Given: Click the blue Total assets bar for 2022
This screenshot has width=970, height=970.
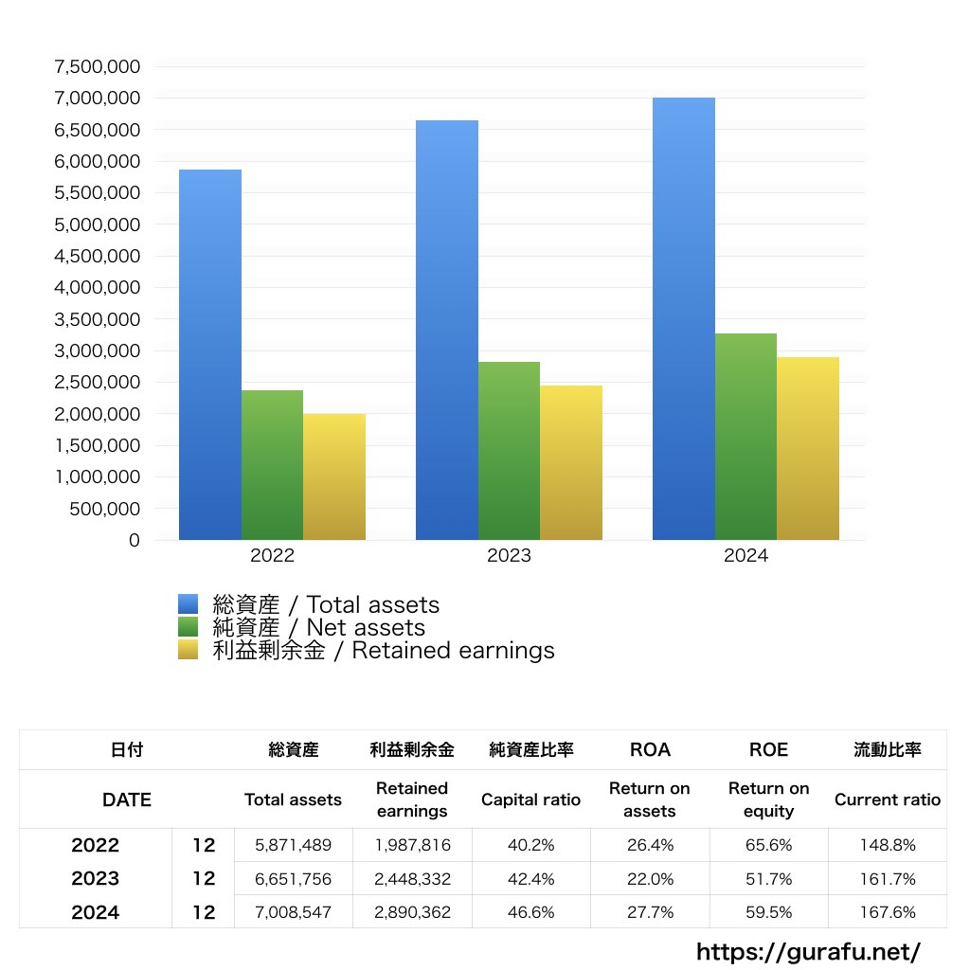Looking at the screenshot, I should (210, 355).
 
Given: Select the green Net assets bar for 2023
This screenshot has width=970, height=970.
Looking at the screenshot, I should (509, 451).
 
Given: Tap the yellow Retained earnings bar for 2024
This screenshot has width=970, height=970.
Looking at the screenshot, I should (807, 449).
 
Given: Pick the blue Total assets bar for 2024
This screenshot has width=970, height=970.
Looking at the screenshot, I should (683, 319).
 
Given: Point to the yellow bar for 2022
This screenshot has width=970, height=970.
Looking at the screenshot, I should (333, 477).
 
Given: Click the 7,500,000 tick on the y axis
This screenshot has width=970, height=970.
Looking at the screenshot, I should (98, 67).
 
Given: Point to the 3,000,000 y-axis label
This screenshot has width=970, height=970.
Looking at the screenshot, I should (98, 351).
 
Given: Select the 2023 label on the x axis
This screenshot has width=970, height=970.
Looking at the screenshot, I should (509, 556).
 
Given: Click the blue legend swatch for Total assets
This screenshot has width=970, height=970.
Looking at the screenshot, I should (188, 604).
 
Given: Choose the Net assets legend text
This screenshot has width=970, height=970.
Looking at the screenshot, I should (319, 627).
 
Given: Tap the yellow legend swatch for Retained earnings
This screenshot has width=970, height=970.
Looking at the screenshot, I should (188, 650).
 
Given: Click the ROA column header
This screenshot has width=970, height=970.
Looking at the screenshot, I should (650, 750).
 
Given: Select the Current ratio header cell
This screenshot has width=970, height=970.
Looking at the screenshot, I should (888, 799).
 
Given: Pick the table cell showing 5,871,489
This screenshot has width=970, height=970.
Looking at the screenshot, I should (293, 845).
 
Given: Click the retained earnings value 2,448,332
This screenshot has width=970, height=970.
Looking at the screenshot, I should (412, 879).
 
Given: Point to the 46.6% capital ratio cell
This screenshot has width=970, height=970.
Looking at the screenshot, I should (530, 912).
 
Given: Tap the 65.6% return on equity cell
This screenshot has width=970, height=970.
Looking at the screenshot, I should (768, 845).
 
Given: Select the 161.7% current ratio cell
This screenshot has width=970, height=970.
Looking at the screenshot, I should (888, 879).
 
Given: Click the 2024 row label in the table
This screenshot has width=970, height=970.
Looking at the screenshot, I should (95, 912).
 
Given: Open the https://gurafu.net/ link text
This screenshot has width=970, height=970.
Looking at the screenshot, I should (808, 951).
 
